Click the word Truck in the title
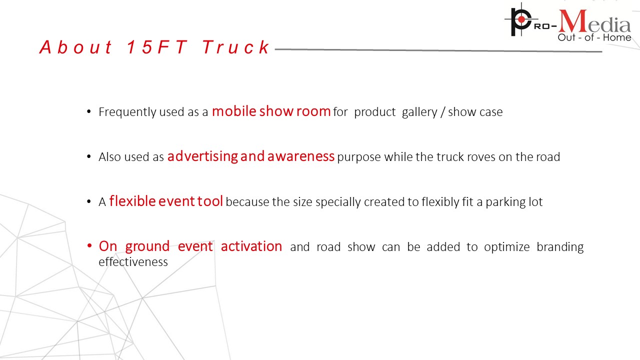tap(235, 47)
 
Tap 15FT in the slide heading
tap(157, 47)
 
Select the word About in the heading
tap(75, 47)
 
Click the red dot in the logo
tap(521, 19)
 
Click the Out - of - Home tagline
tap(594, 37)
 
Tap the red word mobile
tap(234, 111)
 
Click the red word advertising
tap(202, 156)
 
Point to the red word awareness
tap(301, 156)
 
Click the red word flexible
tap(132, 201)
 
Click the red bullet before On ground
tap(89, 245)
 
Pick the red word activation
tap(251, 246)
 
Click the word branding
tap(560, 247)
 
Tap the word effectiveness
tap(133, 261)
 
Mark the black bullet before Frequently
tap(89, 111)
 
